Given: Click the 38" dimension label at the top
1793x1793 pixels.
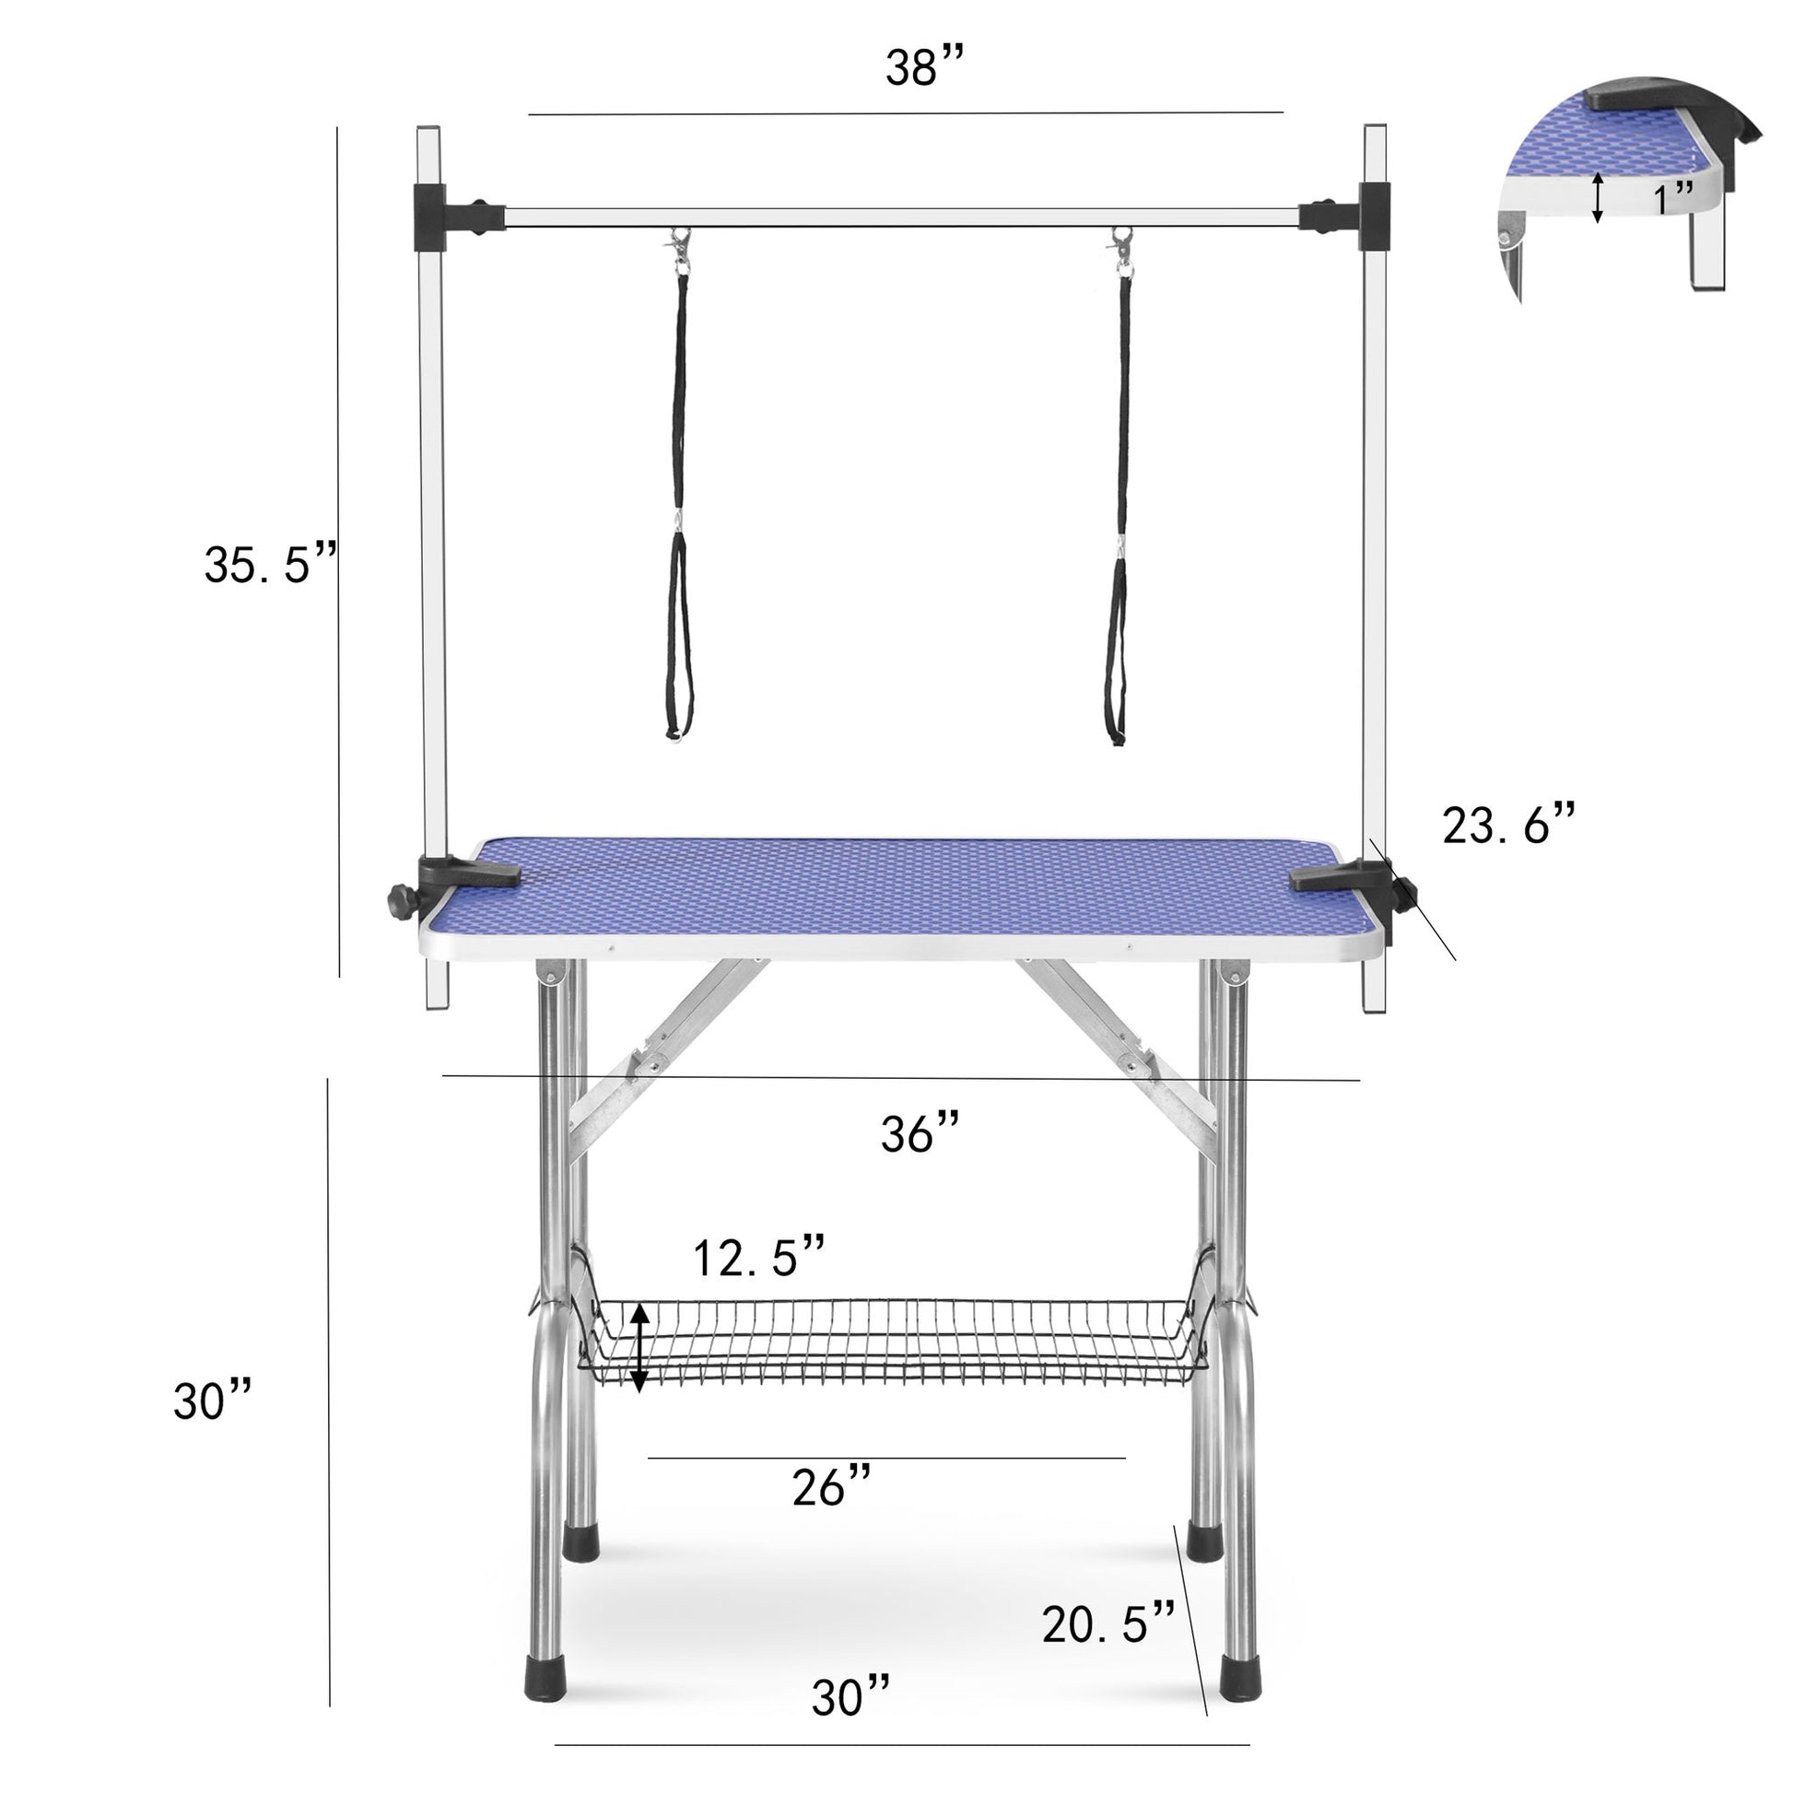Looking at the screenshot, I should click(923, 67).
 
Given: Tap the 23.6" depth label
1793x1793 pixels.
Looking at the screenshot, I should click(1508, 824).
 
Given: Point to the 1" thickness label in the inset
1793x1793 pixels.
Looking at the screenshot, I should click(1673, 197).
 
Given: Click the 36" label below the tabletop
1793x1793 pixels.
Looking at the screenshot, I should click(920, 1132).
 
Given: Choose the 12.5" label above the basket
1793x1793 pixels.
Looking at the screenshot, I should click(758, 1258).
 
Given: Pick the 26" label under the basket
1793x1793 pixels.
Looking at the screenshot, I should click(830, 1488).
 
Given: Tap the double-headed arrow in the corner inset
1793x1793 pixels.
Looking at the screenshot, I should click(1597, 197).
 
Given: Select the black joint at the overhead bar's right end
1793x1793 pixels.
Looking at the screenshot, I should click(1374, 216).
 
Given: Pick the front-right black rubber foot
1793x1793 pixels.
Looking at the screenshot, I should click(1241, 1704).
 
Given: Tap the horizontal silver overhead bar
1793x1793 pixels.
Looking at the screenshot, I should click(900, 219).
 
